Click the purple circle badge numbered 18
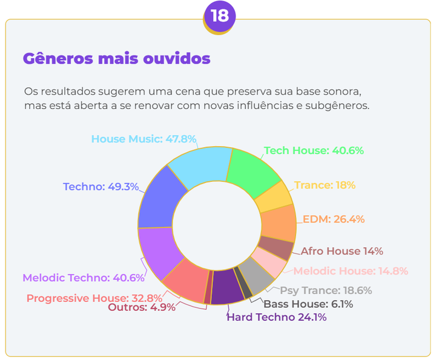219,16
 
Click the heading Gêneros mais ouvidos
116,59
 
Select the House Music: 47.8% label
144,139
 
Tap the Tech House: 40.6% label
314,150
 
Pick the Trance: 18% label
325,185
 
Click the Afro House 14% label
342,251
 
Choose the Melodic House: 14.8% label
351,271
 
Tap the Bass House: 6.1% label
308,304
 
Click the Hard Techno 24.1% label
276,317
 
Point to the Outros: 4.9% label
142,307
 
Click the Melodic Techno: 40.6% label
84,278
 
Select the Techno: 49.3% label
100,187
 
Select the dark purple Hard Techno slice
223,285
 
